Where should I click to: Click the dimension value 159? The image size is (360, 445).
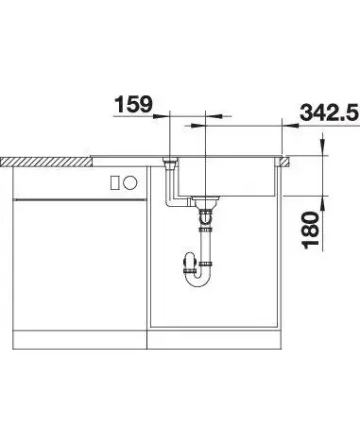[133, 104]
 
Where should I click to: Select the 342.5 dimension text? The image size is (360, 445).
[329, 112]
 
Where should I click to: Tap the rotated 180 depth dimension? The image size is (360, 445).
[310, 230]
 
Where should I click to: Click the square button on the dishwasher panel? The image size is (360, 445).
[114, 182]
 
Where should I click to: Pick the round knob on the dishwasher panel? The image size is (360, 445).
[130, 182]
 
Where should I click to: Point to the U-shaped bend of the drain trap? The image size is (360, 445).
[197, 278]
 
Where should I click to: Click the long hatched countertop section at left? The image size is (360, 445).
[46, 162]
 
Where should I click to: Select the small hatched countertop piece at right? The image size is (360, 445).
[285, 162]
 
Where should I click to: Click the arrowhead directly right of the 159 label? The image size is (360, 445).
[162, 116]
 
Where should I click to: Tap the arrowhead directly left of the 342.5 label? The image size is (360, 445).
[290, 126]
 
